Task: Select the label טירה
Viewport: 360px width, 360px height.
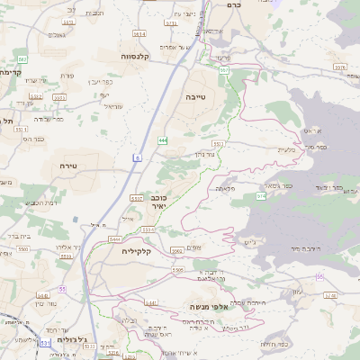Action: point(70,166)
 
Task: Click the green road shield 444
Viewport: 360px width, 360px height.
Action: point(163,141)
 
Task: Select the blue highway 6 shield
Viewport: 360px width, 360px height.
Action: point(139,157)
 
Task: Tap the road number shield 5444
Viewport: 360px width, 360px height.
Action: point(115,240)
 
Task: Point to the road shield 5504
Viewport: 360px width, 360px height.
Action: point(179,269)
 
